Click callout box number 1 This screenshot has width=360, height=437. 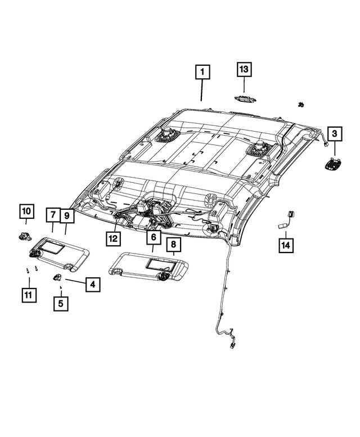coord(202,73)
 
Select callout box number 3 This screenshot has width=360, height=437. coord(334,134)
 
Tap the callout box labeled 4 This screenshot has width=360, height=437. coord(92,285)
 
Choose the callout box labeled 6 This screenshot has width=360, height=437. coord(152,238)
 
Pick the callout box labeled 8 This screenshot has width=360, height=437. coord(173,244)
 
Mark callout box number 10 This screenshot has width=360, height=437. coord(26,211)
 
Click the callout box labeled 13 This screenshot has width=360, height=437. coord(244,69)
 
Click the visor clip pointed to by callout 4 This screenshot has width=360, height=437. coord(58,277)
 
